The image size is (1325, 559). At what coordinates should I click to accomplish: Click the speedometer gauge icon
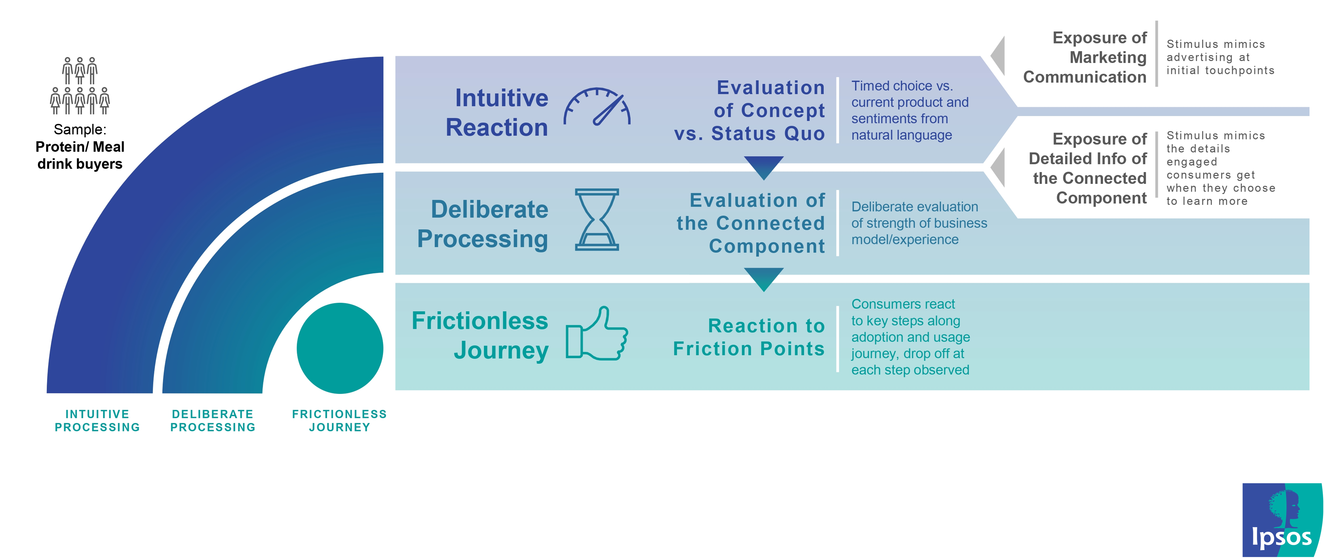pyautogui.click(x=597, y=107)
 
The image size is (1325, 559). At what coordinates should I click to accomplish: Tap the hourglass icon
pyautogui.click(x=597, y=220)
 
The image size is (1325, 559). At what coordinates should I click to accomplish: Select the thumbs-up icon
pyautogui.click(x=597, y=333)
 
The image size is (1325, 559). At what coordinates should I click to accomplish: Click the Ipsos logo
pyautogui.click(x=1282, y=520)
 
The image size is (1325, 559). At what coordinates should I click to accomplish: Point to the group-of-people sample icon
pyautogui.click(x=80, y=85)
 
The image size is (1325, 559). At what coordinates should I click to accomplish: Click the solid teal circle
pyautogui.click(x=340, y=348)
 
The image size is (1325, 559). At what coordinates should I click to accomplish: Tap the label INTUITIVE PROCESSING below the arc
pyautogui.click(x=97, y=420)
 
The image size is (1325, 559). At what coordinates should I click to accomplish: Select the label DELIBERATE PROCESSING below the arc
pyautogui.click(x=213, y=420)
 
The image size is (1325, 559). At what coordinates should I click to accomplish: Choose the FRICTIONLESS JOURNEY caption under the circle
pyautogui.click(x=340, y=420)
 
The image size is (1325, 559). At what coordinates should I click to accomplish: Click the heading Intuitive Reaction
pyautogui.click(x=497, y=112)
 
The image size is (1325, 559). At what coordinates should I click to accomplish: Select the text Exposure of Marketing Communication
pyautogui.click(x=1085, y=57)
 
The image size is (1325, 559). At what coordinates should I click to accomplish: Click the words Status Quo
pyautogui.click(x=768, y=133)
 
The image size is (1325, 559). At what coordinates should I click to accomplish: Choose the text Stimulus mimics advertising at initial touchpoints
pyautogui.click(x=1221, y=57)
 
